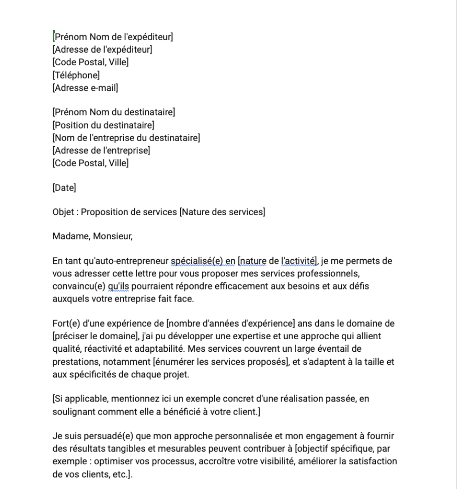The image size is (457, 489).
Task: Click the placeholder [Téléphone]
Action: coord(76,75)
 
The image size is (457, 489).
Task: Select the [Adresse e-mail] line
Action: coord(85,88)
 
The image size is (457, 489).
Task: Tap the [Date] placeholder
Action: coord(64,188)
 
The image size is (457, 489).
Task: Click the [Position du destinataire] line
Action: coord(103,125)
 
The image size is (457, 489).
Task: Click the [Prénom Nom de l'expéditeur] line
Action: coord(113,36)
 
